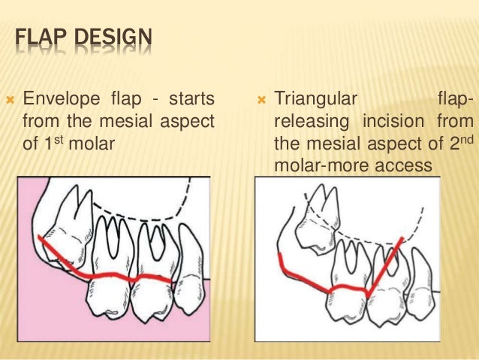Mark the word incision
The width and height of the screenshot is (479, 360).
click(x=397, y=121)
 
